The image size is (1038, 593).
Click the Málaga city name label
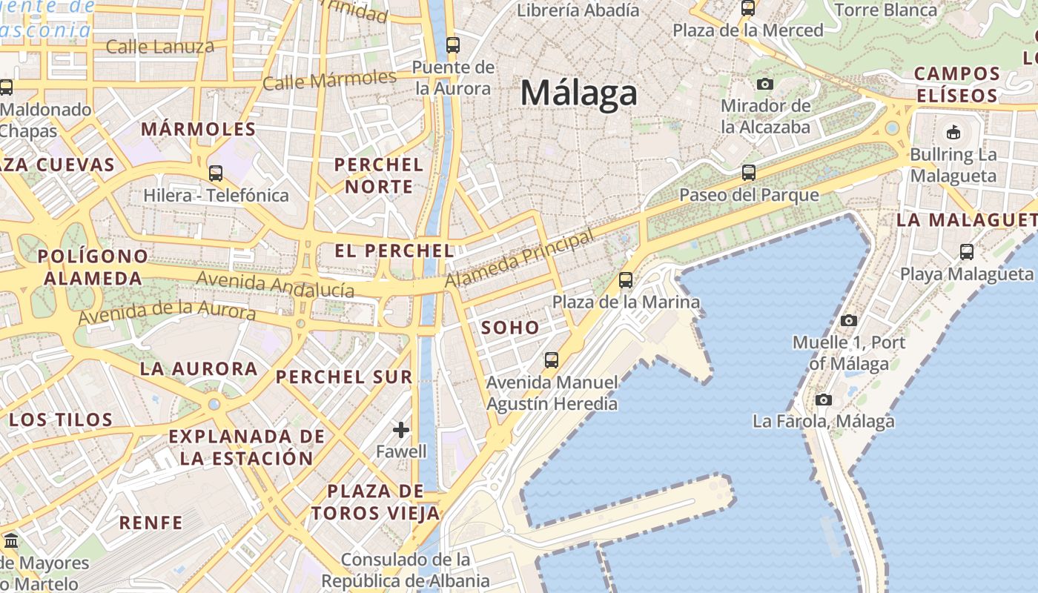[x=578, y=94]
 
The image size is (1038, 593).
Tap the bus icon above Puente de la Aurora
[x=453, y=44]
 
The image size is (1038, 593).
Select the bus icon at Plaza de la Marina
[x=626, y=279]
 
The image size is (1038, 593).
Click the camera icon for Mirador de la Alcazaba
[x=765, y=84]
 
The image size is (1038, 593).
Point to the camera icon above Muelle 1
[x=849, y=320]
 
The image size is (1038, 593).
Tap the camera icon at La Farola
[x=823, y=400]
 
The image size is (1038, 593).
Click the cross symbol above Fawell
[x=401, y=429]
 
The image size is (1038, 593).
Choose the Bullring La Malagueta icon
[x=953, y=133]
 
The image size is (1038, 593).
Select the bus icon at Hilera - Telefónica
[x=216, y=173]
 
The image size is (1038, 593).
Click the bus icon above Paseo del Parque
[x=749, y=173]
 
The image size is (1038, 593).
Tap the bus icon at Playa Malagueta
[x=967, y=251]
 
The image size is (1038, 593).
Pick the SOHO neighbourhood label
[x=510, y=327]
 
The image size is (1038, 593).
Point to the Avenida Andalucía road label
[x=276, y=285]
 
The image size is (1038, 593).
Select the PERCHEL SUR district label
[x=344, y=377]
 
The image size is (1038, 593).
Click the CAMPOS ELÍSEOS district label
[x=957, y=85]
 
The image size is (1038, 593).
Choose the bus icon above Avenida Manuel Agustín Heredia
[x=552, y=360]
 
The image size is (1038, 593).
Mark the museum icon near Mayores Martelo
[x=10, y=540]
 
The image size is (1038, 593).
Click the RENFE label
[x=151, y=523]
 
